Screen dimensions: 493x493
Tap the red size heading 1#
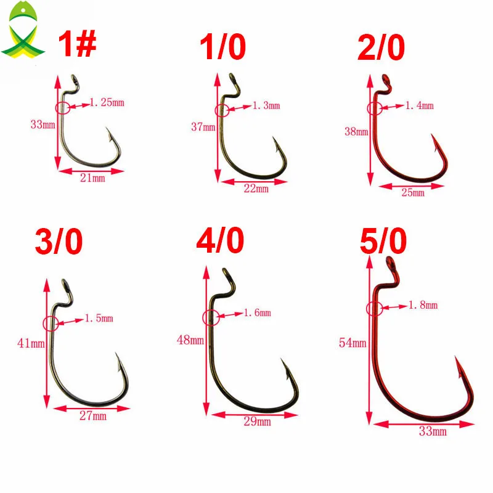click(77, 44)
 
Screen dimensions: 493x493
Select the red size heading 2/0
click(381, 47)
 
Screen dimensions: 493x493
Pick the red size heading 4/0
click(220, 240)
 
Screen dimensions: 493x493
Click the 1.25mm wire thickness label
click(107, 102)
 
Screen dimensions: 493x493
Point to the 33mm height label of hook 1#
click(43, 124)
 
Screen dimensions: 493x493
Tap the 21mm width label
click(92, 178)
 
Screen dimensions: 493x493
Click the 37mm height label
click(203, 127)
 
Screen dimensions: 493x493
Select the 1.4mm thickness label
click(420, 105)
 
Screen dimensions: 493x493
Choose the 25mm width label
click(413, 192)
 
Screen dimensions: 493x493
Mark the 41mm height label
click(31, 343)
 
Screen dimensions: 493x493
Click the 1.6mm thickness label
click(257, 313)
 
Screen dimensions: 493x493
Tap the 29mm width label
click(257, 422)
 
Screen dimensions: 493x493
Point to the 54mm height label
click(352, 343)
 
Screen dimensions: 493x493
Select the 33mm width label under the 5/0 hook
click(433, 431)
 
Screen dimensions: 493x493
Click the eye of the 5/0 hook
click(390, 263)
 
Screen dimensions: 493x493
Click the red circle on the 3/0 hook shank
click(51, 324)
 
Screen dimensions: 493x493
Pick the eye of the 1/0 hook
click(232, 77)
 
